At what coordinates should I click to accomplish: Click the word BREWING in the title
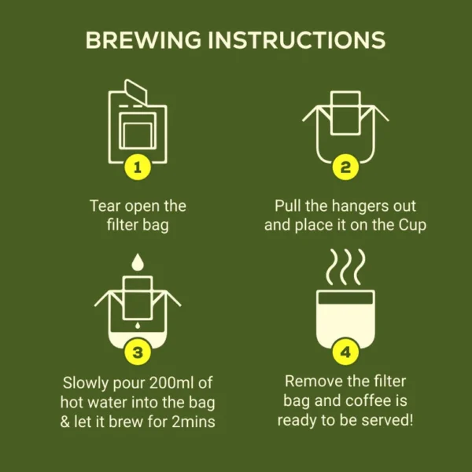click(x=143, y=40)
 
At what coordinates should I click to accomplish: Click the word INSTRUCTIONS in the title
click(x=297, y=40)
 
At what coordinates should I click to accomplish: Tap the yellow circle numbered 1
click(x=138, y=167)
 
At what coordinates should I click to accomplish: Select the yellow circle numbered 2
click(x=345, y=167)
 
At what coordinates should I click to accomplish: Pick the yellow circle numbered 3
click(x=138, y=352)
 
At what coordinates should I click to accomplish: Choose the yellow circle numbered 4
click(x=345, y=352)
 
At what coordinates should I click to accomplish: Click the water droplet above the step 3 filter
click(x=138, y=262)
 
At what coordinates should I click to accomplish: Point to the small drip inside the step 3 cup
click(x=138, y=326)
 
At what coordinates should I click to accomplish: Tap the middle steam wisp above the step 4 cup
click(x=346, y=267)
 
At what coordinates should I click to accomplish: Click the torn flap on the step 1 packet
click(x=136, y=91)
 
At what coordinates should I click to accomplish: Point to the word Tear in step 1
click(x=105, y=206)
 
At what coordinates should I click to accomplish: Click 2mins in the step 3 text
click(x=194, y=422)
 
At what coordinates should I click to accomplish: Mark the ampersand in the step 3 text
click(x=65, y=422)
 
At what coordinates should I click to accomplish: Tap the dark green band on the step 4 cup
click(x=345, y=298)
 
